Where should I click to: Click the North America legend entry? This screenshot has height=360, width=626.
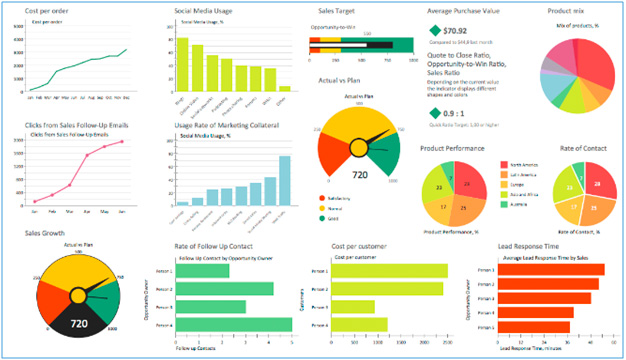[521, 166]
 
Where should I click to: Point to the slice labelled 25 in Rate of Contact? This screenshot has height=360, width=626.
[592, 207]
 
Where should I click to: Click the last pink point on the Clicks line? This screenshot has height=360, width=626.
[123, 141]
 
